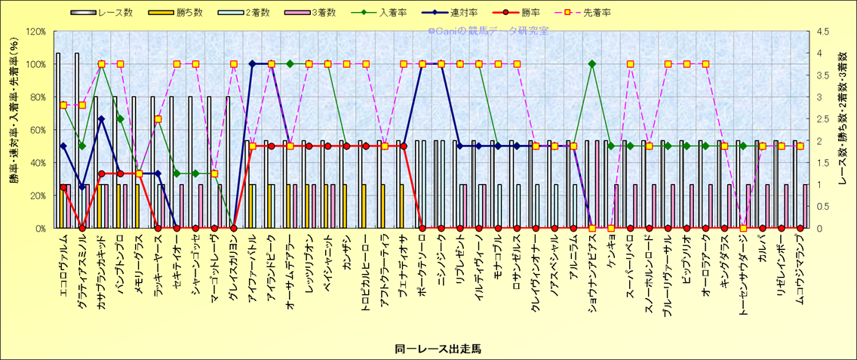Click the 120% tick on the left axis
pos(35,32)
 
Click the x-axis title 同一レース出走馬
pos(438,349)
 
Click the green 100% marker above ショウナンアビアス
pos(592,64)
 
